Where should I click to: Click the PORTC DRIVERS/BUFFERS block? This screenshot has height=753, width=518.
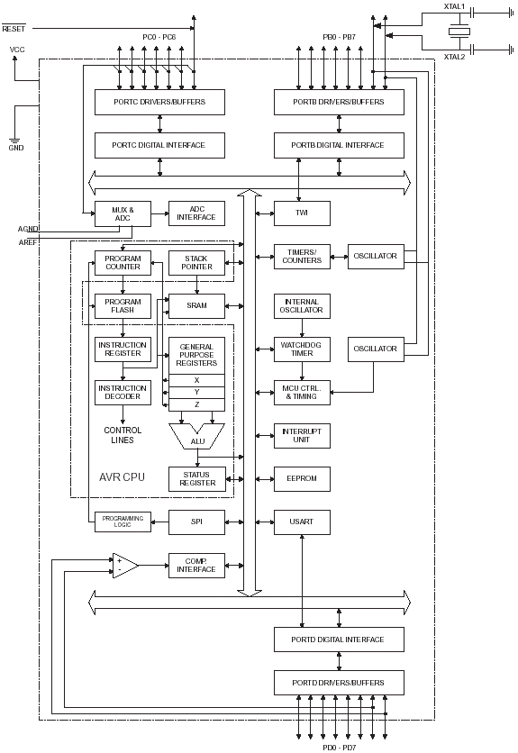click(159, 102)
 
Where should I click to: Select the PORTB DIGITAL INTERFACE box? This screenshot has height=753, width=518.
click(339, 145)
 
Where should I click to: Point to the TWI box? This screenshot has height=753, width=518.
click(302, 213)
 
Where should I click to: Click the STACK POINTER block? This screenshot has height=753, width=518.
click(196, 262)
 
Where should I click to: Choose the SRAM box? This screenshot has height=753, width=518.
click(196, 305)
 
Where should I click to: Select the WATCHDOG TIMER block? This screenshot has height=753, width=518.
click(302, 349)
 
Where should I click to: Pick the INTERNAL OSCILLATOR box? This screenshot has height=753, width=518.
click(302, 306)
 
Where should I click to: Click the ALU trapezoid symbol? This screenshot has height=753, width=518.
click(196, 437)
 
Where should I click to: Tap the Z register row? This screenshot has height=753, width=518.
click(196, 405)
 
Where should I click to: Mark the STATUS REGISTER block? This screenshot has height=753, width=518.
click(196, 479)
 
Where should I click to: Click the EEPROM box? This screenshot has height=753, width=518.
click(302, 479)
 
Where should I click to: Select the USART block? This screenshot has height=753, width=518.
click(302, 522)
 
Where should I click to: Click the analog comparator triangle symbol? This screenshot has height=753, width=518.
click(124, 566)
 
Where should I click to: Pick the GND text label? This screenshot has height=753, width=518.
click(16, 148)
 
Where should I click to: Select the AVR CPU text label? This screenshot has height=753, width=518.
click(121, 475)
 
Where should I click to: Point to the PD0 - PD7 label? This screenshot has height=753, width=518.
click(339, 747)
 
